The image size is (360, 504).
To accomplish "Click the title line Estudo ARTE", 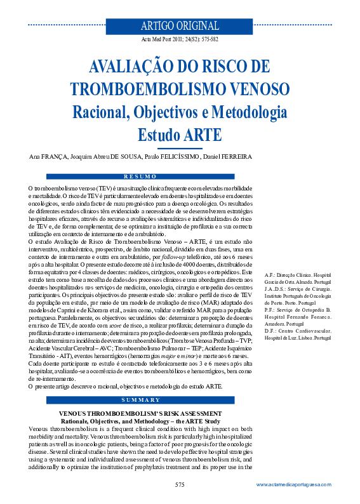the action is (180, 134).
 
